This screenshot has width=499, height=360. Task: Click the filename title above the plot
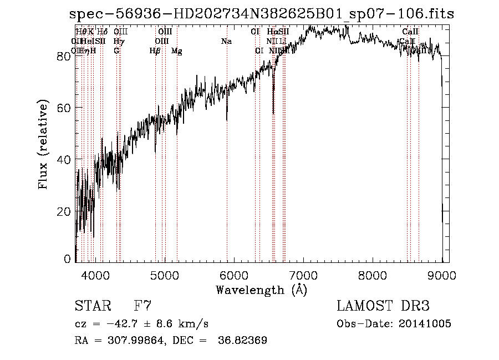click(x=262, y=14)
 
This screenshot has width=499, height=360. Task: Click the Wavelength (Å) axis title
click(x=261, y=290)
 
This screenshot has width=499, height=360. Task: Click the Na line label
click(x=226, y=42)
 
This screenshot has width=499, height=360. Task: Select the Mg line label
click(x=177, y=51)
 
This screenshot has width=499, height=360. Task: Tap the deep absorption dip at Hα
click(x=273, y=111)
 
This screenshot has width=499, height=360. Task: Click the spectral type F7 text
click(x=143, y=306)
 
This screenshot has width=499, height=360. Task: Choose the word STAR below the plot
click(x=93, y=306)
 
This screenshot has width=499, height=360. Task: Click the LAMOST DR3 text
click(x=383, y=306)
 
